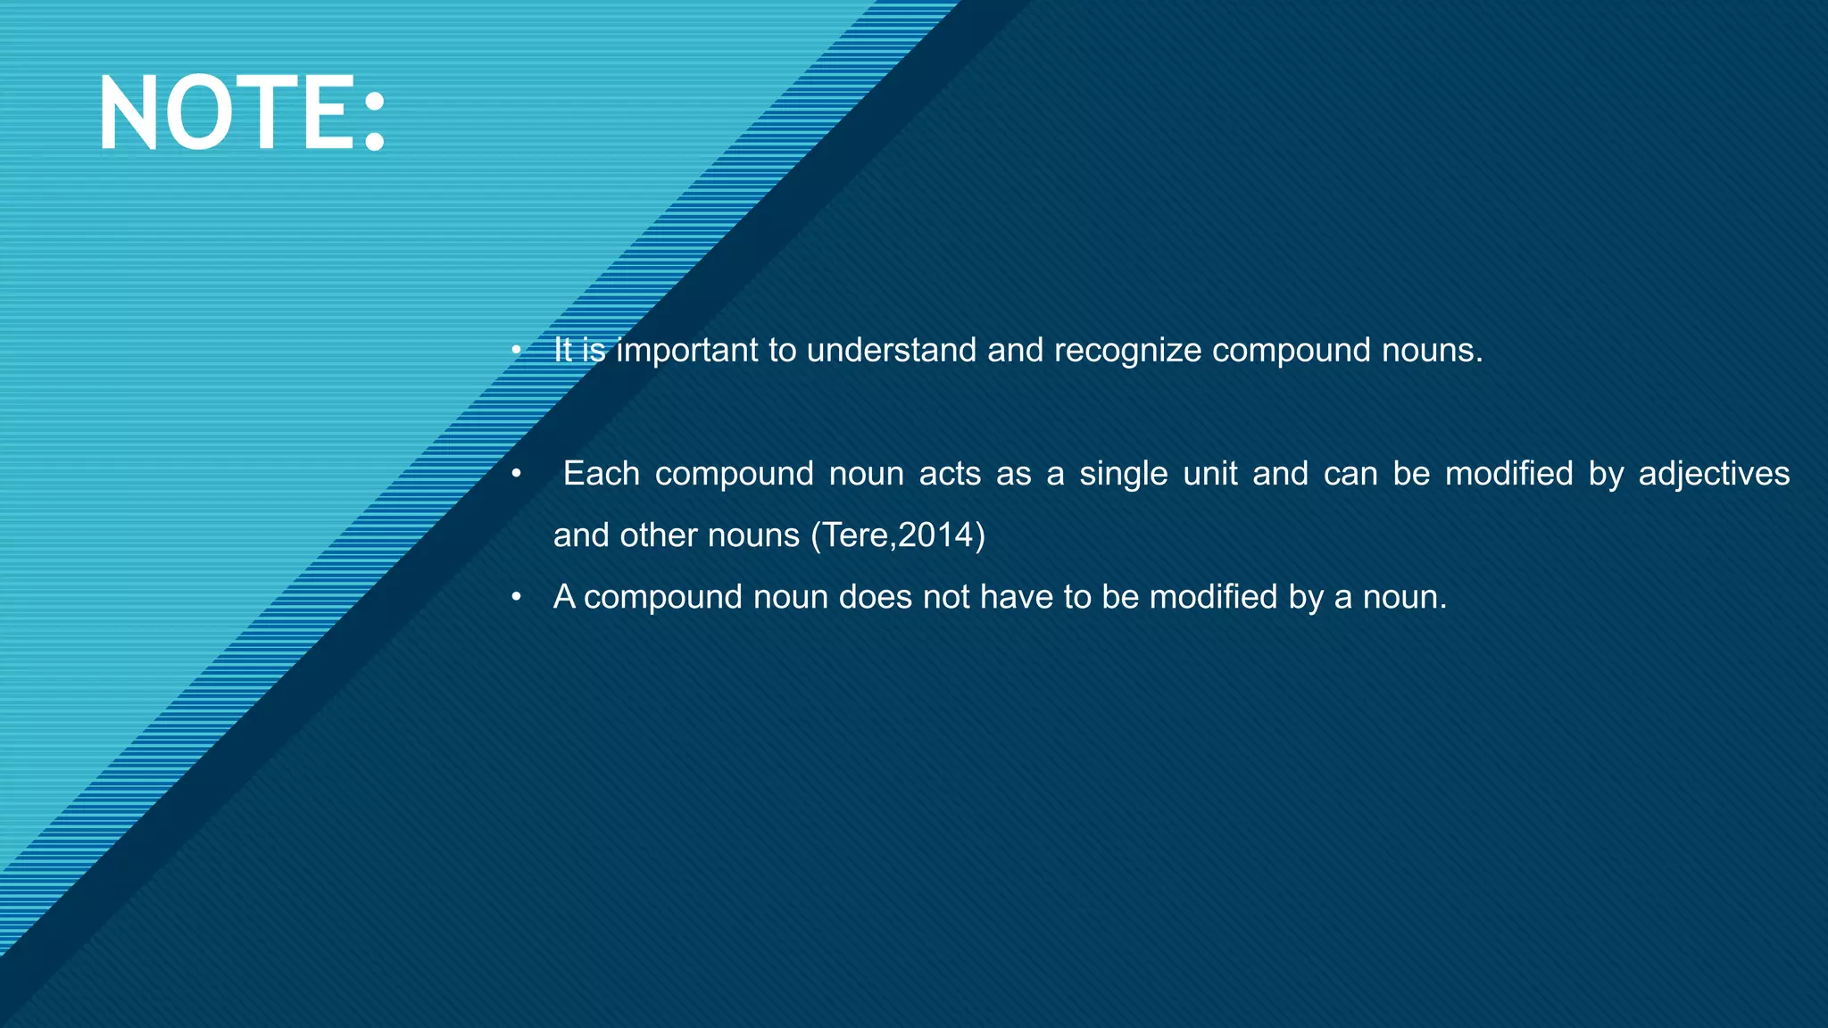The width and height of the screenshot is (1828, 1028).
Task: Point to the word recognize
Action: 1127,351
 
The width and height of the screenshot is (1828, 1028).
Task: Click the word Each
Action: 601,474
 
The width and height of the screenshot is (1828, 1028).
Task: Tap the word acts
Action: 950,474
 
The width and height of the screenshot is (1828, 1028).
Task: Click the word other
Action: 660,535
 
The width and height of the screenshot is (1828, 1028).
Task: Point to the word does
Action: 875,597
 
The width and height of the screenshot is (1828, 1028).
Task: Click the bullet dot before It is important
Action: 516,351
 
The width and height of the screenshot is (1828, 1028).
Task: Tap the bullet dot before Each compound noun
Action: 516,474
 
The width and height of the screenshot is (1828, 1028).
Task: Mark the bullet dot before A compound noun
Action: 516,597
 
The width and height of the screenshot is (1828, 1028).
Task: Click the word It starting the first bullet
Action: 562,350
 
